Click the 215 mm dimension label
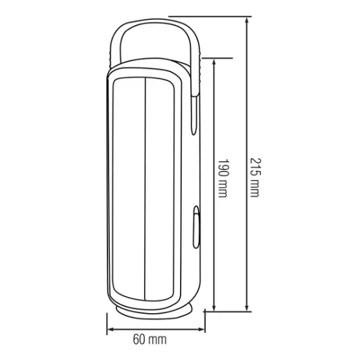click(x=255, y=177)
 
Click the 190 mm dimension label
click(x=222, y=178)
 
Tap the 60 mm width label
click(x=150, y=339)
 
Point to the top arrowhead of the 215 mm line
click(x=247, y=21)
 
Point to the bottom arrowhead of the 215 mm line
click(x=247, y=308)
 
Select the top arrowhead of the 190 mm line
click(x=214, y=62)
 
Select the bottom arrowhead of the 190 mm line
click(x=214, y=308)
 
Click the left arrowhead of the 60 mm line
click(x=111, y=330)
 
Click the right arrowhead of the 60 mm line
click(x=201, y=330)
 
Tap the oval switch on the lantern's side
click(x=196, y=227)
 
